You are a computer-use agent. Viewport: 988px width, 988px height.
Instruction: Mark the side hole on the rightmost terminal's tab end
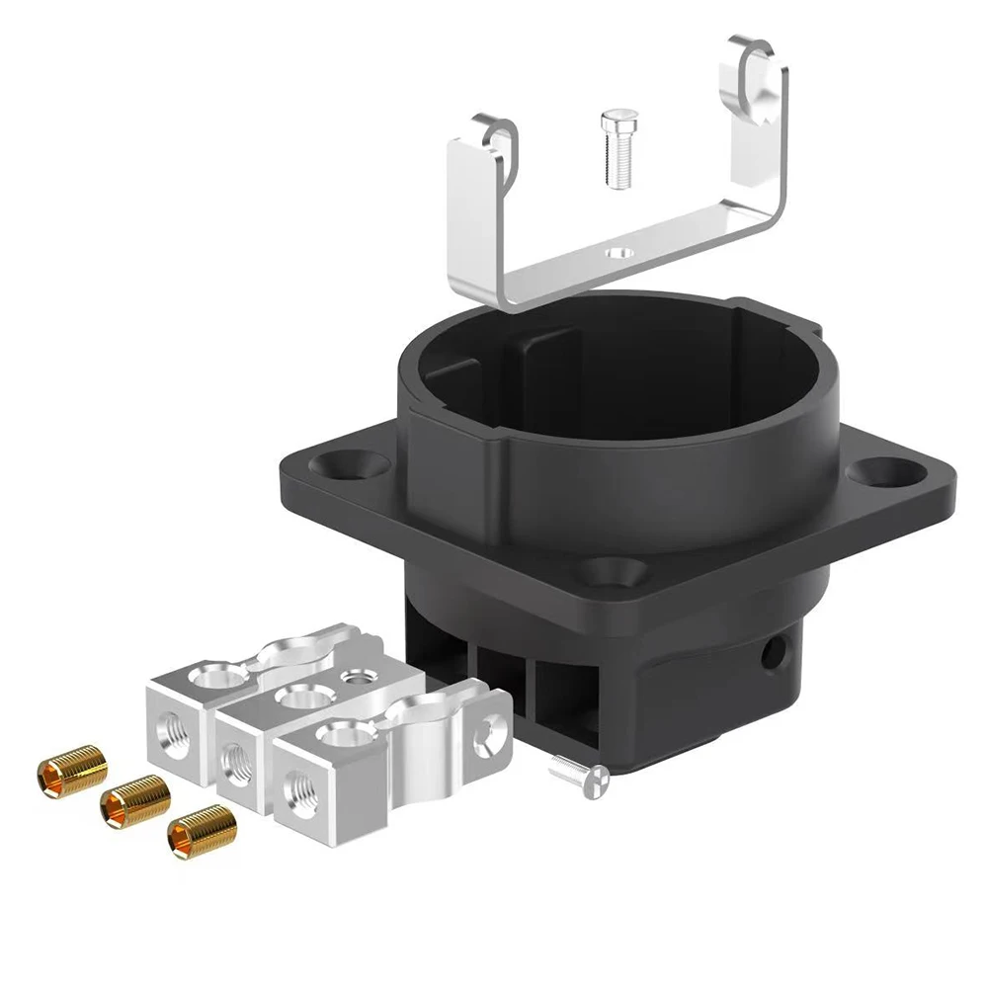click(484, 734)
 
